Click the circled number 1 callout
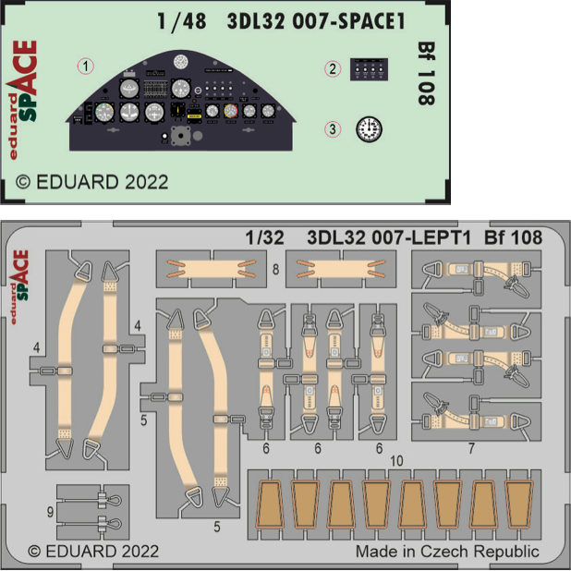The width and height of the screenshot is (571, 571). [x=86, y=67]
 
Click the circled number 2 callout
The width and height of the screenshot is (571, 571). [x=333, y=68]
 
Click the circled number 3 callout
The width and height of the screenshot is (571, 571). [x=333, y=129]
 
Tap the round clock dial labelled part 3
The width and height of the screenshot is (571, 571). [x=369, y=129]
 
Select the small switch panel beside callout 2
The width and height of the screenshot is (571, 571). [x=369, y=69]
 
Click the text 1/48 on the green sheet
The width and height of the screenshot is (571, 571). [x=182, y=21]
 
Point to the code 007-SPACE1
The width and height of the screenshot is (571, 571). [x=348, y=21]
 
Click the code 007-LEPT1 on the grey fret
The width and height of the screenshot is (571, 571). [x=421, y=237]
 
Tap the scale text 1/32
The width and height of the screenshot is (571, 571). [x=265, y=237]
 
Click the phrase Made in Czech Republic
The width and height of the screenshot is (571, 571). [x=447, y=552]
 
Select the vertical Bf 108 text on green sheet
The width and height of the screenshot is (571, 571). [x=426, y=74]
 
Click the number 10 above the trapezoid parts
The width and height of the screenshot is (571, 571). [x=396, y=461]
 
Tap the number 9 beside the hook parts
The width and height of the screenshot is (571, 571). [x=50, y=513]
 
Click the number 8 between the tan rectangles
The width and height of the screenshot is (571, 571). [x=276, y=270]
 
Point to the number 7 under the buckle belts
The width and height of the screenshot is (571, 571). [x=471, y=448]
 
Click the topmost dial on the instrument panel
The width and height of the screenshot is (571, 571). [x=180, y=62]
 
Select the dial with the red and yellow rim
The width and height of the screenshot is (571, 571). [x=231, y=111]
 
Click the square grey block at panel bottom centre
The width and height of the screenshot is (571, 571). [x=180, y=136]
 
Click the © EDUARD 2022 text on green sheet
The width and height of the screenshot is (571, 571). [x=91, y=182]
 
